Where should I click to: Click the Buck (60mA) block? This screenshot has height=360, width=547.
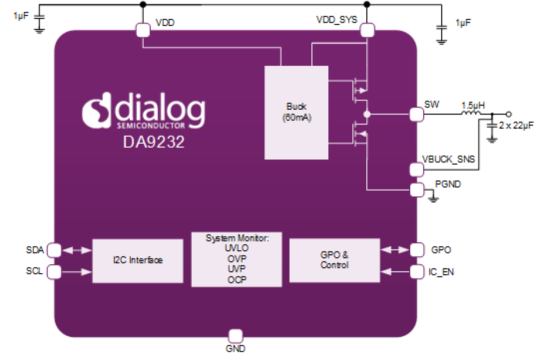pos(296,112)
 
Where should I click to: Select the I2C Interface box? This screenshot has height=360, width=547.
pos(137,260)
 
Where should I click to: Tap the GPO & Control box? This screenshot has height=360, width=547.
pos(334,260)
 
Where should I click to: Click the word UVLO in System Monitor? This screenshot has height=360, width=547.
pos(236,249)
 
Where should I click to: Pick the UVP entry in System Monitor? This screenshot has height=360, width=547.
pos(236,269)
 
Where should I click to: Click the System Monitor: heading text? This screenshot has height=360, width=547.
pos(236,239)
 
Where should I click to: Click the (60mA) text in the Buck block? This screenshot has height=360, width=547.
pos(296,118)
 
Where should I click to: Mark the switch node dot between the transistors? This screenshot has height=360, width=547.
pos(367,114)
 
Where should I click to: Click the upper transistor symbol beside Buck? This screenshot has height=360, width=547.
pos(359,90)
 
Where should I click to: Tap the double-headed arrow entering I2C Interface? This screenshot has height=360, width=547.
pos(77,250)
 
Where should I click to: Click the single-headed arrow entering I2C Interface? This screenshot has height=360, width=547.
pos(77,272)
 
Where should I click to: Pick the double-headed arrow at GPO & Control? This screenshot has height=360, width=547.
pos(395,250)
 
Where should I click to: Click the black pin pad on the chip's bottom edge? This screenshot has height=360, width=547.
pos(236,336)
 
